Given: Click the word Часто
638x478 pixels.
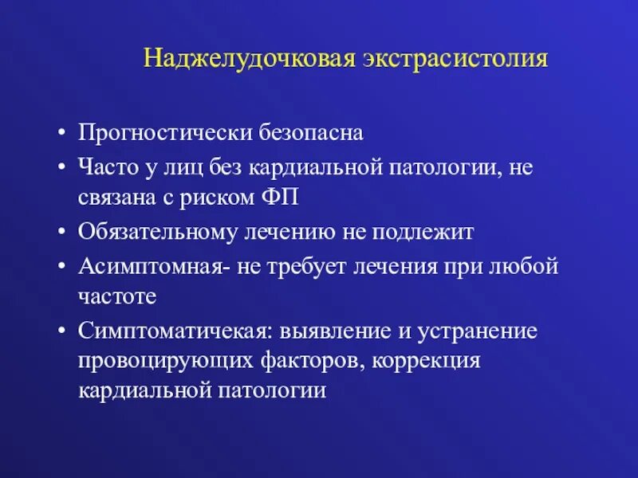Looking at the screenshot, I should pos(104,167).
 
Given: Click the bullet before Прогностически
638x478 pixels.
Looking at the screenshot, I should pos(61,133).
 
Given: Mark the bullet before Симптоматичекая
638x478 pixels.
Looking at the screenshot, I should pos(61,330).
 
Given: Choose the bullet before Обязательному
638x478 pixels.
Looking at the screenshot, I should pos(61,231).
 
